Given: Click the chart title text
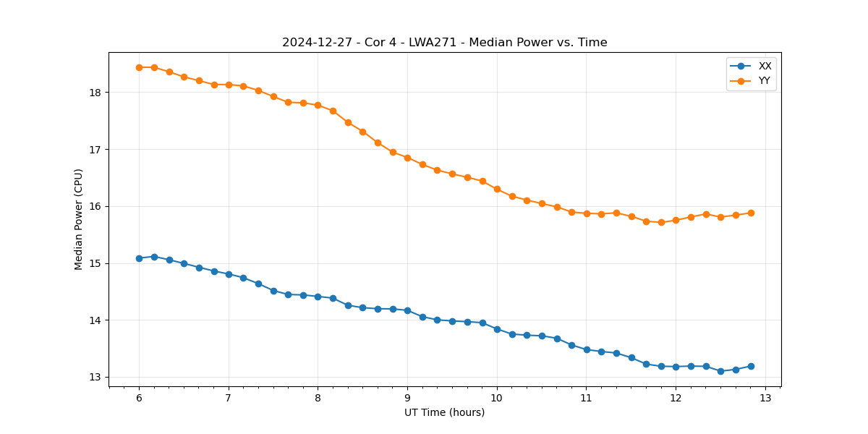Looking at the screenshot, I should (444, 43).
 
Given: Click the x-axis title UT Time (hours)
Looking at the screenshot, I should (444, 412).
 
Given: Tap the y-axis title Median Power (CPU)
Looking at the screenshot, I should (79, 219).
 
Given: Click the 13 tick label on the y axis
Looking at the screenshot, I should (94, 377).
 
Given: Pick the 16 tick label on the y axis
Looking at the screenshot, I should (94, 206).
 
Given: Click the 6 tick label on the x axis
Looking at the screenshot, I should (139, 398).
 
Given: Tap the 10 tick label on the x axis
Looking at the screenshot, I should (497, 398).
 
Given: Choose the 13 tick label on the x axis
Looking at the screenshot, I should (765, 398).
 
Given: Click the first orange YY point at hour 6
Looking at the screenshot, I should (139, 67).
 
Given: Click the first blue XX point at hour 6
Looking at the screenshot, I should (139, 258).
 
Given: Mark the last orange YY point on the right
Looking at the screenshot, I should (751, 213).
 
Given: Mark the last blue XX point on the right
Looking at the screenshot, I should (751, 366).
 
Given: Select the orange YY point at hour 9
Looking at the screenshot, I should (407, 158).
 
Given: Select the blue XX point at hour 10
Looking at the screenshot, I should (497, 329).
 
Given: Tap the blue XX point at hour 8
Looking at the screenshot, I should (318, 297).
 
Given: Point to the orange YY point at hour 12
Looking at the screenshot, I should (676, 220).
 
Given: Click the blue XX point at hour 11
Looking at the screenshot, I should (587, 349).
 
